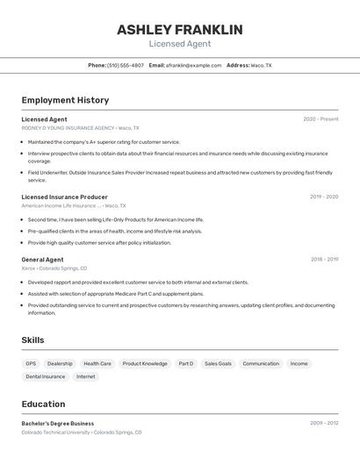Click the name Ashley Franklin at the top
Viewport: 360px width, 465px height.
coord(180,29)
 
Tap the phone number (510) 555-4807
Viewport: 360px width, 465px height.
coord(126,65)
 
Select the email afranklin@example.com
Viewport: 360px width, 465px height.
coord(193,65)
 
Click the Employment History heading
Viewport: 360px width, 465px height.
coord(65,100)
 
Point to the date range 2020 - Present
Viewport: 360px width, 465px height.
coord(320,119)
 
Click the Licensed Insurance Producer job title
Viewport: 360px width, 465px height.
coord(64,197)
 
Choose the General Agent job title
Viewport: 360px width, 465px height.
coord(42,260)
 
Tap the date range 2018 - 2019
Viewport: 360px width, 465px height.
coord(324,260)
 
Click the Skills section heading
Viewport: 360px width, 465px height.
coord(32,340)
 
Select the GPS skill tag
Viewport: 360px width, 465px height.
coord(31,363)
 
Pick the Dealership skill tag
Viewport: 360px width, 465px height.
coord(60,363)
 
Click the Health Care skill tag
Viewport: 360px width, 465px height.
coord(97,363)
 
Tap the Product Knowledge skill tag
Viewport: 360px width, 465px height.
coord(145,363)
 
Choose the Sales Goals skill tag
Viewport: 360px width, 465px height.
coord(218,363)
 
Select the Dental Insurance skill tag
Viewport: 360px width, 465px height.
coord(46,376)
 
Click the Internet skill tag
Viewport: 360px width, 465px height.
coord(86,376)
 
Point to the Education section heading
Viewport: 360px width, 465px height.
coord(43,404)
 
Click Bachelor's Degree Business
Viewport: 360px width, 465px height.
coord(57,423)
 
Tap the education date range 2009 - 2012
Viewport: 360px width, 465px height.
coord(323,423)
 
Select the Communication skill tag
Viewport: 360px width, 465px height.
coord(261,363)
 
